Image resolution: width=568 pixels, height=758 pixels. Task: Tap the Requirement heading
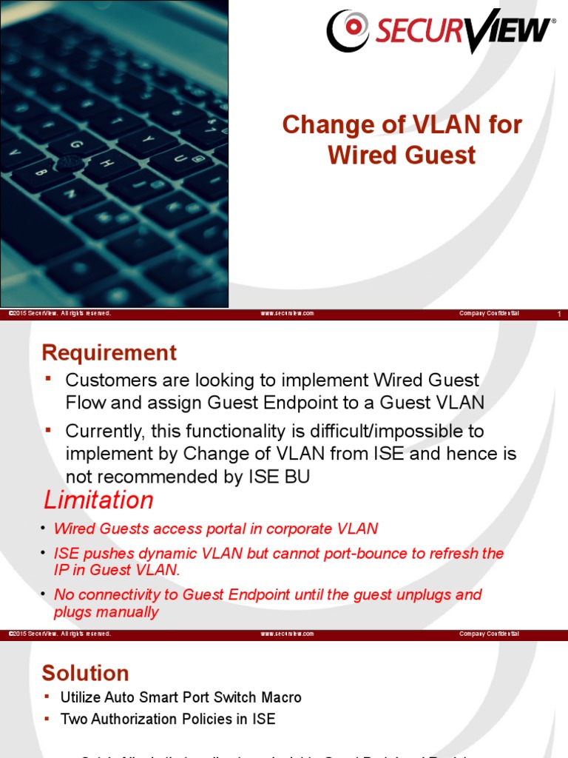pyautogui.click(x=109, y=352)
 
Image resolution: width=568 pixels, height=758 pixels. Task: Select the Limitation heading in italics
pyautogui.click(x=98, y=500)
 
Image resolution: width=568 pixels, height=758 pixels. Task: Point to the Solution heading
pyautogui.click(x=86, y=673)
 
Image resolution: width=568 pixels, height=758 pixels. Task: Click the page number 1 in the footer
pyautogui.click(x=559, y=315)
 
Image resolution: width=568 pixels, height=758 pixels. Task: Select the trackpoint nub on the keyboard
pyautogui.click(x=71, y=161)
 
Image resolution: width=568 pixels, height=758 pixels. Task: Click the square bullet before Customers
pyautogui.click(x=49, y=379)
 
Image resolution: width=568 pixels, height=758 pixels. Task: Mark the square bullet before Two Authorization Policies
pyautogui.click(x=49, y=718)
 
